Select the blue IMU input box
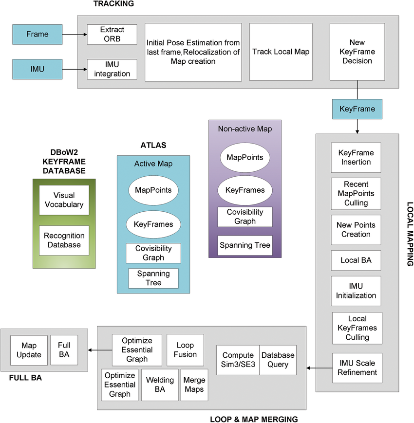click(38, 70)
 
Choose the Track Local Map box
click(280, 52)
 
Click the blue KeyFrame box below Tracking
click(358, 109)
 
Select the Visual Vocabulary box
click(64, 200)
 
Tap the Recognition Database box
click(64, 240)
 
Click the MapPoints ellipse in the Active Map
click(153, 190)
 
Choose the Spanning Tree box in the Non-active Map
click(245, 245)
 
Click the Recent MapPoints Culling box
click(356, 193)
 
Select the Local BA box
click(356, 260)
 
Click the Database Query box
click(278, 360)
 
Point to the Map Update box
click(29, 349)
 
